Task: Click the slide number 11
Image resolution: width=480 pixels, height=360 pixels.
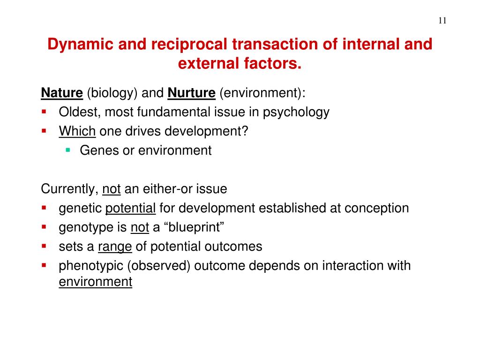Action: pyautogui.click(x=442, y=21)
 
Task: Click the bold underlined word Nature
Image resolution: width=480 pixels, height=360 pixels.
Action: pyautogui.click(x=62, y=93)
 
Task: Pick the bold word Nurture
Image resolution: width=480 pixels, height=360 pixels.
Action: pyautogui.click(x=191, y=93)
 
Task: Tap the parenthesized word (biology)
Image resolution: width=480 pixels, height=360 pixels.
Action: pyautogui.click(x=112, y=93)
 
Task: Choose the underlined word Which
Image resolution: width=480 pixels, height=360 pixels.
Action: pyautogui.click(x=77, y=131)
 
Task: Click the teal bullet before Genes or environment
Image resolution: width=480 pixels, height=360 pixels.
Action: pyautogui.click(x=68, y=150)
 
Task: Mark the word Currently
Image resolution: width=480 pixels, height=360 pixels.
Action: pyautogui.click(x=70, y=189)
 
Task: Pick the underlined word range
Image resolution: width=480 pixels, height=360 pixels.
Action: pyautogui.click(x=115, y=247)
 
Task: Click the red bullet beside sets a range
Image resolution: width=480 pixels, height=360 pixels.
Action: pyautogui.click(x=44, y=246)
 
